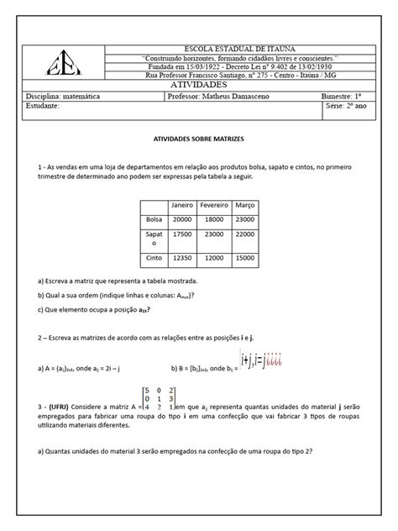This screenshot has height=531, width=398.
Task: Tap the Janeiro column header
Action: (x=182, y=205)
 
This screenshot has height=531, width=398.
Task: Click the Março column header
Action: (x=245, y=205)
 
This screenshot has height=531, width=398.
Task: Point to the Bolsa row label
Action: (x=152, y=219)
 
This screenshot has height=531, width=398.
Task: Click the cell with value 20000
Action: (x=182, y=219)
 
